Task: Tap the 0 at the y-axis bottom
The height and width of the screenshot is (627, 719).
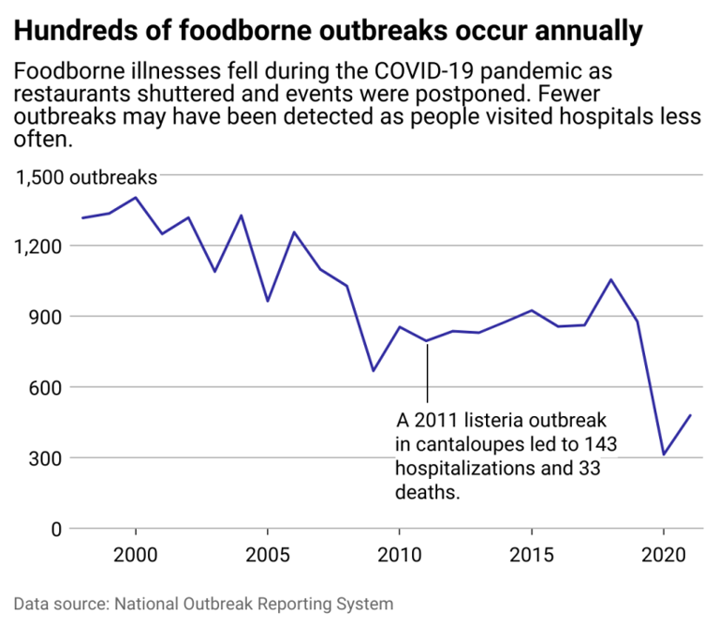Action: [x=56, y=529]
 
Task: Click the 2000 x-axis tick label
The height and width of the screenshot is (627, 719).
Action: [x=136, y=555]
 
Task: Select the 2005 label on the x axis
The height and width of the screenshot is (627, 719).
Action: [x=268, y=555]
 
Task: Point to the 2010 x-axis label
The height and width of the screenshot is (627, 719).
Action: [x=400, y=555]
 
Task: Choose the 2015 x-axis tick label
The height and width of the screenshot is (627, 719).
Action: [x=532, y=555]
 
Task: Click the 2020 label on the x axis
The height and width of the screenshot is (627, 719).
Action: [x=664, y=555]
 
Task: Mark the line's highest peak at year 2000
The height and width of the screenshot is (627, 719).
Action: [x=136, y=198]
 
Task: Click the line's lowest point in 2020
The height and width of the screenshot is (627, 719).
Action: [x=664, y=455]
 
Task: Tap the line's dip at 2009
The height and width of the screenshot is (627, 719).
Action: [x=374, y=370]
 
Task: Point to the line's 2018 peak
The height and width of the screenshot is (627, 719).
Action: [x=610, y=279]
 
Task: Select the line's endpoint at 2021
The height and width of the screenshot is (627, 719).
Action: [x=690, y=415]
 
